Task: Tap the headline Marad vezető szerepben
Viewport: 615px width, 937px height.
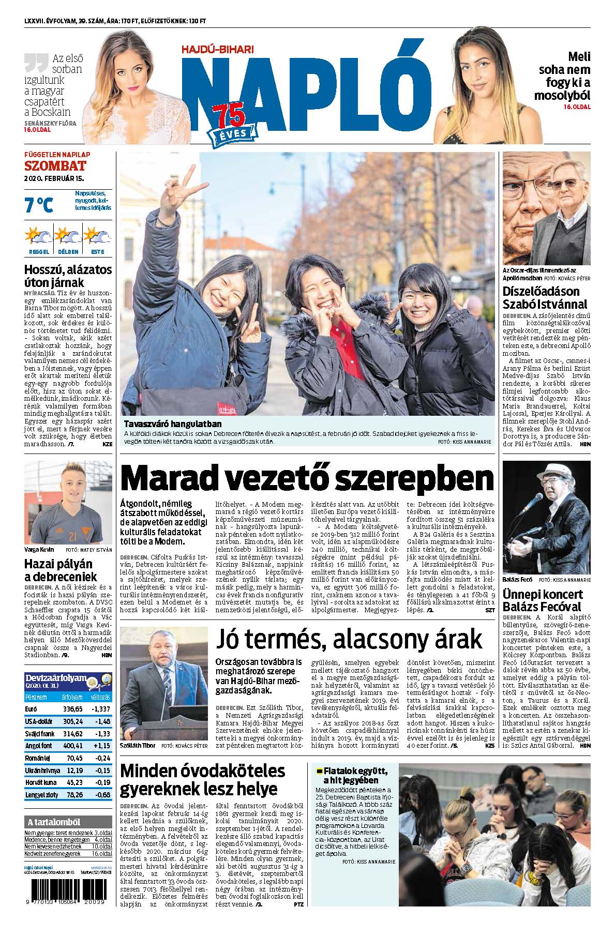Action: coord(306,478)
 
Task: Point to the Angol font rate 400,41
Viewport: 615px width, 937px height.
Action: coord(72,746)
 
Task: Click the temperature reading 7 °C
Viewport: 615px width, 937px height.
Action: coord(39,205)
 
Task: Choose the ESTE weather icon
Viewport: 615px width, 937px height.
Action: coord(97,237)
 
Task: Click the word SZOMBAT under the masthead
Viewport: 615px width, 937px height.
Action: coord(55,166)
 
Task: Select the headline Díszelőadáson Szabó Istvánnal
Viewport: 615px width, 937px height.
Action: coord(545,297)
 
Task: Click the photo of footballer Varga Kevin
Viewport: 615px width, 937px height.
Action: coord(68,502)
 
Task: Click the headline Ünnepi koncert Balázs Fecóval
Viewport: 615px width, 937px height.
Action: coord(543,600)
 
